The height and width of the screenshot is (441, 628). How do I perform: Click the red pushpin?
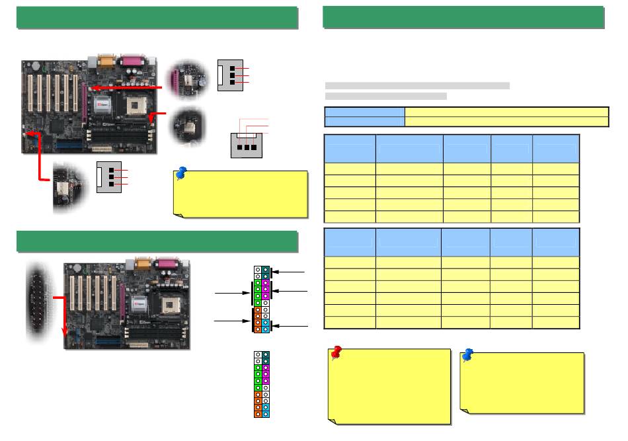coord(336,354)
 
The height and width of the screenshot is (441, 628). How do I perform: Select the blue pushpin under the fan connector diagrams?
coord(181,175)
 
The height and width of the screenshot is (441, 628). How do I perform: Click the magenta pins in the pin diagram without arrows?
coord(265,377)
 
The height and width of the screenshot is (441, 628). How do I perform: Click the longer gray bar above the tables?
coord(417,85)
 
